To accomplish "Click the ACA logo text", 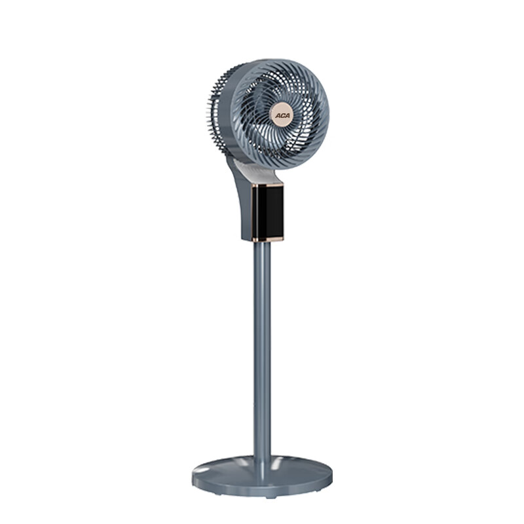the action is [x=283, y=116].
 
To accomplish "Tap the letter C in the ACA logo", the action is [x=283, y=116].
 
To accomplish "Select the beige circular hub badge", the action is [x=282, y=115].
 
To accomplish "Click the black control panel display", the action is [x=268, y=212].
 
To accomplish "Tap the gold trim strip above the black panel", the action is [x=267, y=185].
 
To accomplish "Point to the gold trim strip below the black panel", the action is [x=268, y=239].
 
